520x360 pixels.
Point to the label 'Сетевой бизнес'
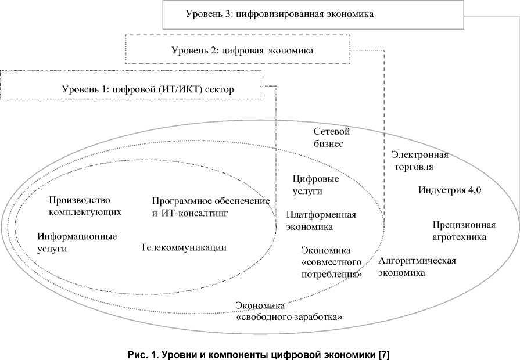(x=331, y=138)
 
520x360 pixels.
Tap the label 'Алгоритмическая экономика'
(x=417, y=266)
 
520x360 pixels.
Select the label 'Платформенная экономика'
(x=321, y=221)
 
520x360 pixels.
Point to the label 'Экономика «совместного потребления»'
(x=332, y=262)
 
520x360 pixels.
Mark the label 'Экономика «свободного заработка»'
(x=289, y=311)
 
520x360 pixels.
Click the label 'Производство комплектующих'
(x=85, y=206)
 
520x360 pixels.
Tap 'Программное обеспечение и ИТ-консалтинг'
(x=211, y=207)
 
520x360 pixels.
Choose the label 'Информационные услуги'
(x=77, y=242)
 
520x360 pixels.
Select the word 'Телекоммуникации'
(x=184, y=247)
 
